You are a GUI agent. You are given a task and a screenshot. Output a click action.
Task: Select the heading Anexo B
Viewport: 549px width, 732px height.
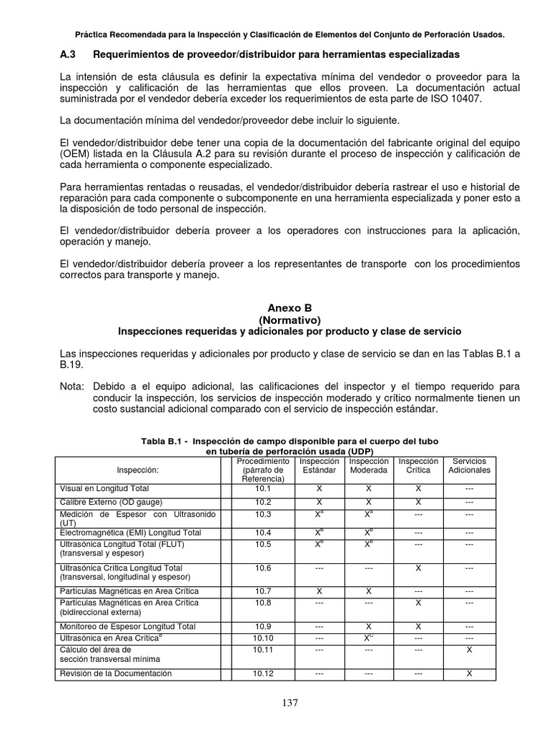click(290, 308)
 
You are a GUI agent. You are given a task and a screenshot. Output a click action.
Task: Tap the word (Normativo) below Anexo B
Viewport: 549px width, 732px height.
click(290, 320)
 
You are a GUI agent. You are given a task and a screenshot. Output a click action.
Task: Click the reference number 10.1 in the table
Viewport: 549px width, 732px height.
click(264, 488)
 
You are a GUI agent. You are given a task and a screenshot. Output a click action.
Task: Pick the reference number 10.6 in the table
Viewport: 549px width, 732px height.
click(264, 568)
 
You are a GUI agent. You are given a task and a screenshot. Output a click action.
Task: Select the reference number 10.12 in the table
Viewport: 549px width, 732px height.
click(264, 673)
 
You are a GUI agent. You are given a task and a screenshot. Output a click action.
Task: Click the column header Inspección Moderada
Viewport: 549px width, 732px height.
click(368, 466)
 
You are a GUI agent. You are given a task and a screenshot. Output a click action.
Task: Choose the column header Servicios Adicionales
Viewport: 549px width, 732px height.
click(469, 466)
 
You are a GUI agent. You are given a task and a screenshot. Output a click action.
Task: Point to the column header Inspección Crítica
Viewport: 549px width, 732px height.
click(418, 466)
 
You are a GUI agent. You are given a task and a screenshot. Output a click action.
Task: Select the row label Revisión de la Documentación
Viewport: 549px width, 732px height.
click(115, 673)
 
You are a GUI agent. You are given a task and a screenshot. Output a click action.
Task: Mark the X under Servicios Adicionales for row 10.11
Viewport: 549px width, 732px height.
click(469, 650)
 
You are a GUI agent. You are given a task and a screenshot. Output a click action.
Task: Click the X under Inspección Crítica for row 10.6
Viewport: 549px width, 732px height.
click(418, 568)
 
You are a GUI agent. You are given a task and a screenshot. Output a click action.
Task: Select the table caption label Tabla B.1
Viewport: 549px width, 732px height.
click(165, 441)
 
